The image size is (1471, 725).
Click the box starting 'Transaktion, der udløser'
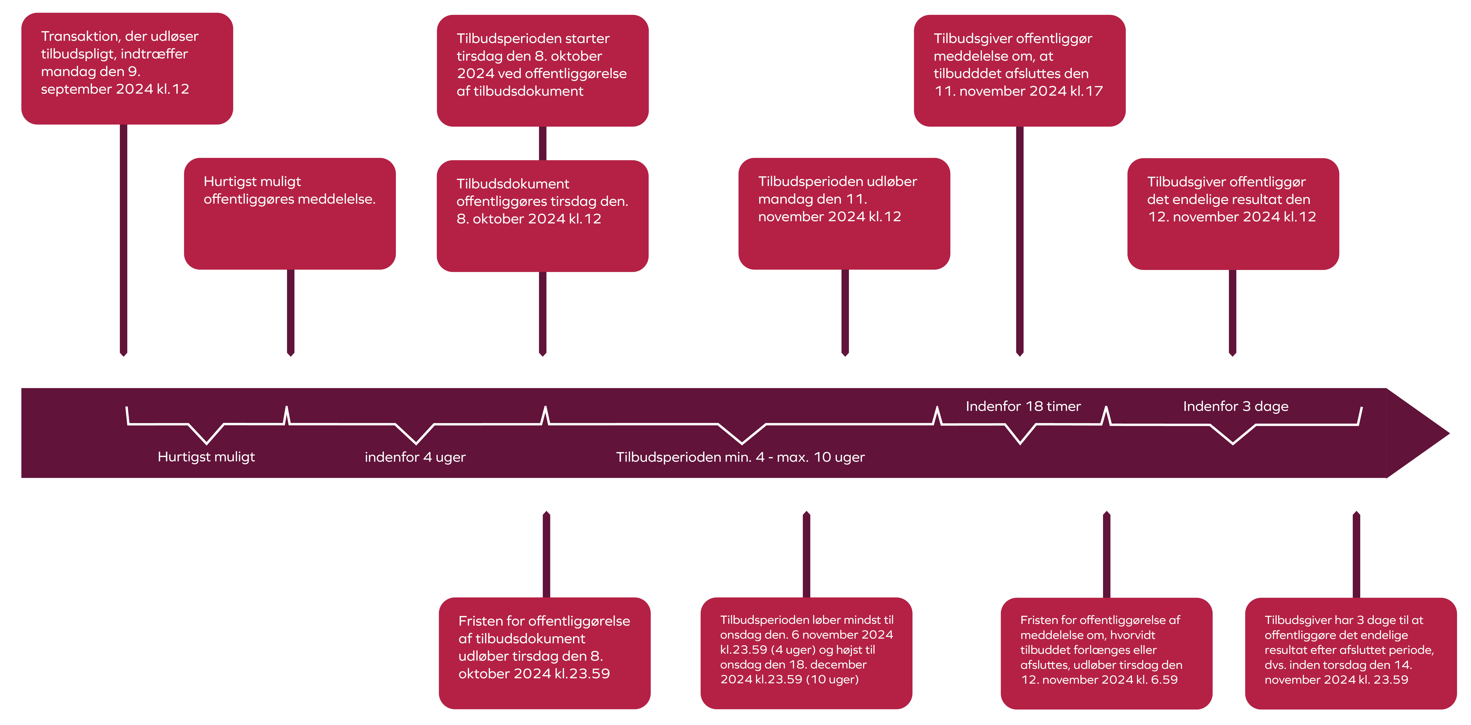pyautogui.click(x=127, y=68)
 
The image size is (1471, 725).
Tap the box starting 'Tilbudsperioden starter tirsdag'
pyautogui.click(x=543, y=70)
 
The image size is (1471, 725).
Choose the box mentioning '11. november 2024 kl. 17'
pyautogui.click(x=1019, y=70)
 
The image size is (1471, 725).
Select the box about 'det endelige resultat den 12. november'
pyautogui.click(x=1233, y=213)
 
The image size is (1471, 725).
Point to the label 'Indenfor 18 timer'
pyautogui.click(x=1023, y=406)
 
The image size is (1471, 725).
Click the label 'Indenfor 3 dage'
pyautogui.click(x=1235, y=406)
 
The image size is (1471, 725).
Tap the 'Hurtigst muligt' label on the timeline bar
pyautogui.click(x=206, y=457)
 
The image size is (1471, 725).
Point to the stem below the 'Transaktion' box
pyautogui.click(x=123, y=240)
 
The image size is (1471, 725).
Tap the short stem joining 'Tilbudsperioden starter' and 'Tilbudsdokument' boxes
pyautogui.click(x=543, y=143)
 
